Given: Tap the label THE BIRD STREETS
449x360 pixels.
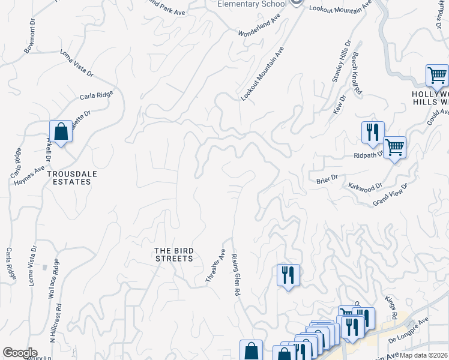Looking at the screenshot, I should click(173, 254).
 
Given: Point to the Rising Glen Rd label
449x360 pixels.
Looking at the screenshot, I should click(236, 274).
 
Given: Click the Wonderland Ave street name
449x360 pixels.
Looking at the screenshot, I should click(259, 26).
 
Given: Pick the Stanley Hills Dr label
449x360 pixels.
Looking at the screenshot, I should click(340, 62).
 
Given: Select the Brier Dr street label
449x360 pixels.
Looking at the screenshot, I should click(327, 178).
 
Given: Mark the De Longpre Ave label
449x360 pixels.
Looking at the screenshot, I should click(408, 330).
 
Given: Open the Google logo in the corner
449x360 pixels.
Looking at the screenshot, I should click(20, 353).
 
